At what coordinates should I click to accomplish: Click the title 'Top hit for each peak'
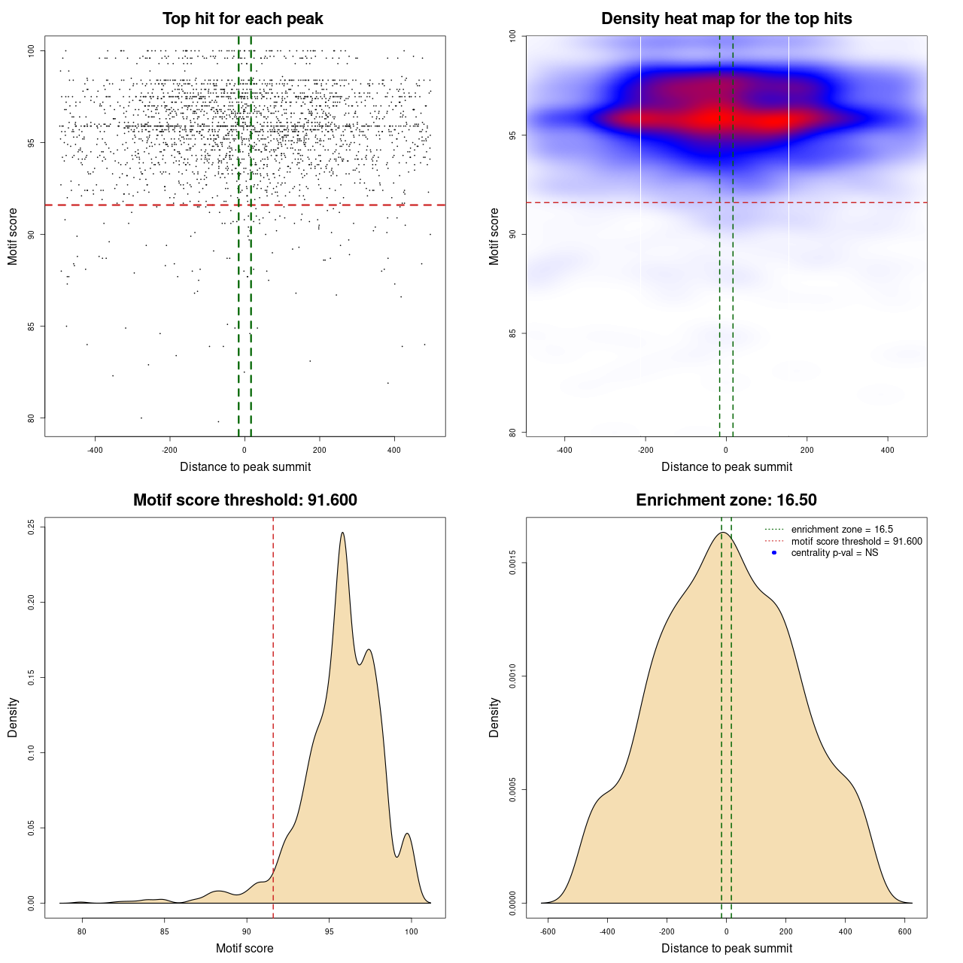tap(242, 19)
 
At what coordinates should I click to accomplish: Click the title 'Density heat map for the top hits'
tap(726, 19)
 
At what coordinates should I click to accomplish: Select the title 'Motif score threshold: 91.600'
tap(245, 500)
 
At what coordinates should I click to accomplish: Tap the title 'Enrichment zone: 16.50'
tap(726, 500)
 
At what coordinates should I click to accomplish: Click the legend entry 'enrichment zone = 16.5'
tap(842, 530)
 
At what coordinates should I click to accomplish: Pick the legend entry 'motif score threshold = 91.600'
tap(856, 541)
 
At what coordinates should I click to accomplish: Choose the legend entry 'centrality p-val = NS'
tap(834, 553)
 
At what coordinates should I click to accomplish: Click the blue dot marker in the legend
tap(774, 553)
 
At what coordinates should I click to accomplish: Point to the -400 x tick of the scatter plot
tap(95, 451)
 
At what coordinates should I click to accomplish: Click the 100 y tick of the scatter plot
tap(32, 50)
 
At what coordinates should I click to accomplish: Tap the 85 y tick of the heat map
tap(513, 333)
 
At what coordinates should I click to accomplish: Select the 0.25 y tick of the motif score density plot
tap(32, 527)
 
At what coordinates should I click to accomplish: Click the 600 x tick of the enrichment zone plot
tap(905, 931)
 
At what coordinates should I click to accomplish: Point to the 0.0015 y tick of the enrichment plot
tap(513, 563)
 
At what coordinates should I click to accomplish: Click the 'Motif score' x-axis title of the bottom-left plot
tap(245, 948)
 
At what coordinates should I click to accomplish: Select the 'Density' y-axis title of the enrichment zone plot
tap(494, 717)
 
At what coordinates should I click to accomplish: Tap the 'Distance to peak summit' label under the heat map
tap(726, 466)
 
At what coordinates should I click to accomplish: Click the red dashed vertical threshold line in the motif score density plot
tap(273, 715)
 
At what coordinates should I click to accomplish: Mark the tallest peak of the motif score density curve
tap(343, 533)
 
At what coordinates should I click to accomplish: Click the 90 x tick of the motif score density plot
tap(247, 931)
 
